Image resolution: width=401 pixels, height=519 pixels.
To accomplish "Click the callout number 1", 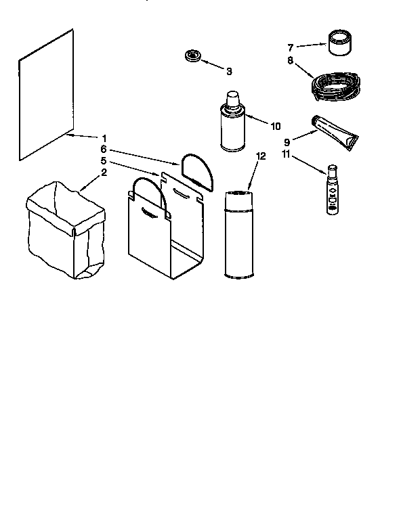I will [x=104, y=138].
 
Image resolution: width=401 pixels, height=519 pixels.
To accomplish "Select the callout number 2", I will [x=104, y=172].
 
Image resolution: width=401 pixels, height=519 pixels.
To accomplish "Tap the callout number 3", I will [x=229, y=70].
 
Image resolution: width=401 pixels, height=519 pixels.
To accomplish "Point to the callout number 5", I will [x=104, y=160].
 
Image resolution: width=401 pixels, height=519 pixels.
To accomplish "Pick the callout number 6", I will [x=104, y=149].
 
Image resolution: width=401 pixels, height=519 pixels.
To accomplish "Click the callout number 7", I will [x=291, y=47].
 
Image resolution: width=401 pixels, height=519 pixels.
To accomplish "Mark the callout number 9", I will [x=287, y=142].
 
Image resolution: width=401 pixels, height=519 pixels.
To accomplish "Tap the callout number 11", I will [x=287, y=154].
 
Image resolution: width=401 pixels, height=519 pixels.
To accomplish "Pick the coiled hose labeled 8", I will [x=337, y=84].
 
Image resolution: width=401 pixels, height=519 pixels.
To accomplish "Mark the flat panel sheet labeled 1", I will [x=45, y=95].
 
